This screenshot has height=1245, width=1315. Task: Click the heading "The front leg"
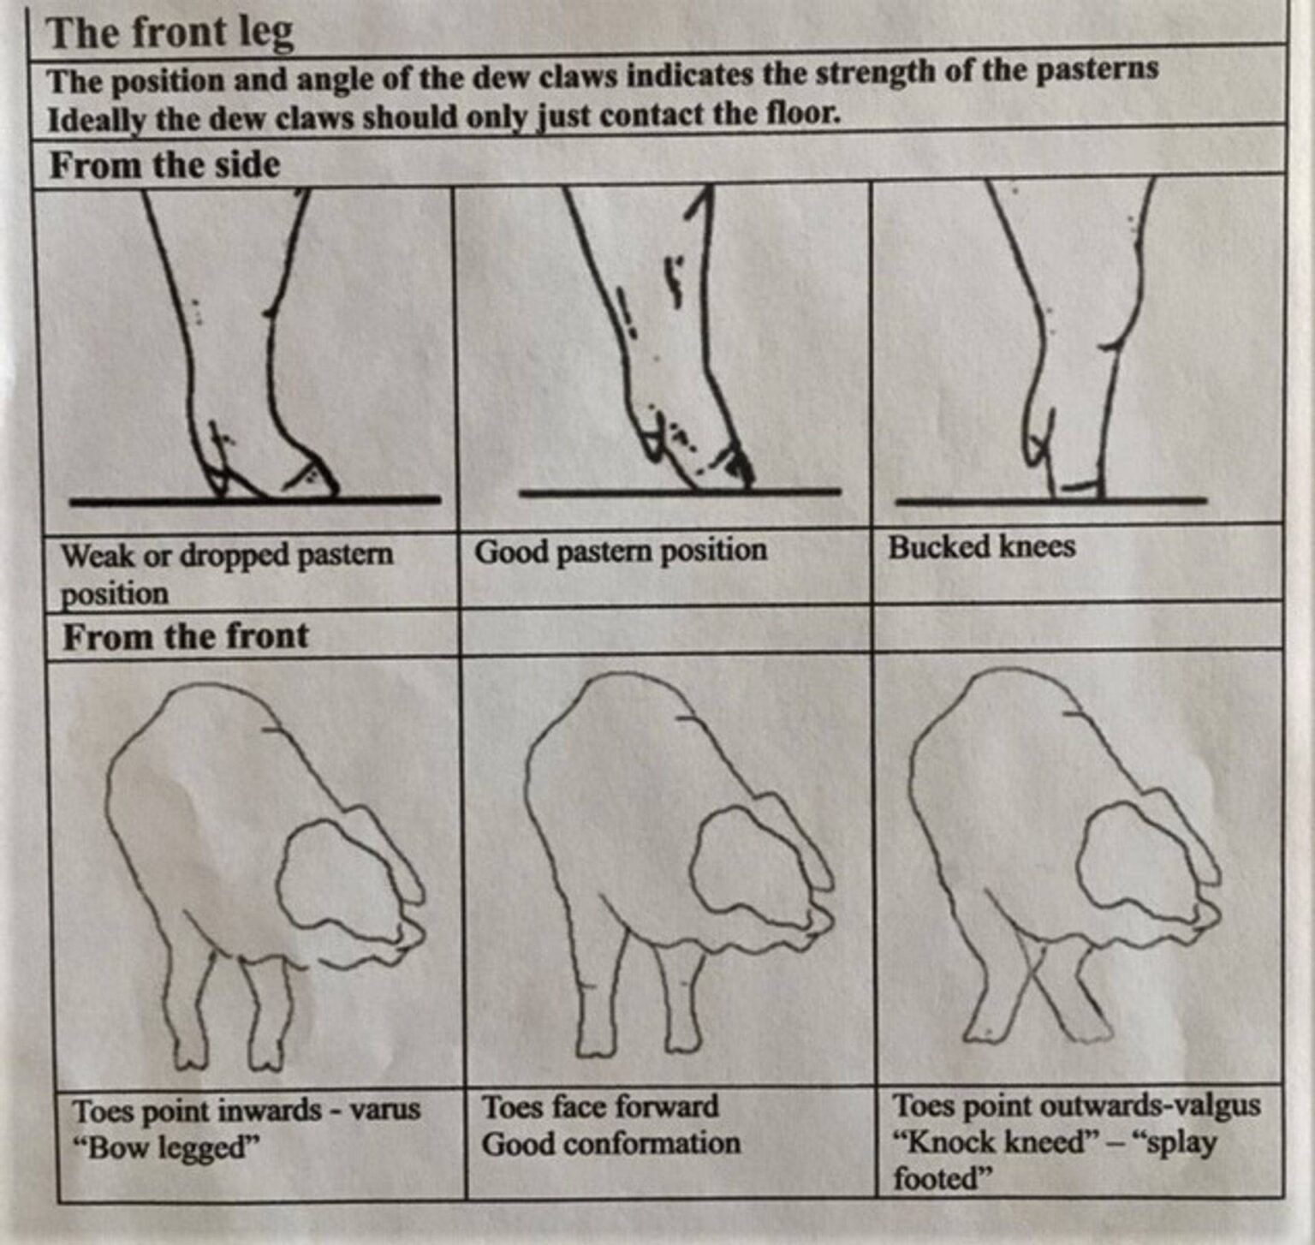(170, 34)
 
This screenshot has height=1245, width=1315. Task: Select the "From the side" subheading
(164, 165)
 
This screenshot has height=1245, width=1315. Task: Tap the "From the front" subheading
(185, 636)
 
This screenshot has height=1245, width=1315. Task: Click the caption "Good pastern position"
(621, 551)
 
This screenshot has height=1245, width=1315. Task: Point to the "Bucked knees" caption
(981, 546)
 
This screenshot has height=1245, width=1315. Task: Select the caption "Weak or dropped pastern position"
(226, 573)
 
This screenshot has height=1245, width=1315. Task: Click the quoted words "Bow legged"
(167, 1147)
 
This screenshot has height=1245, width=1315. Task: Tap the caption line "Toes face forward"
(600, 1106)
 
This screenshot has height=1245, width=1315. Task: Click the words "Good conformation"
(610, 1144)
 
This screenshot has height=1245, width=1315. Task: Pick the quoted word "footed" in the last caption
(941, 1179)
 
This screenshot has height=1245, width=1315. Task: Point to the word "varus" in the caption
(385, 1110)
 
